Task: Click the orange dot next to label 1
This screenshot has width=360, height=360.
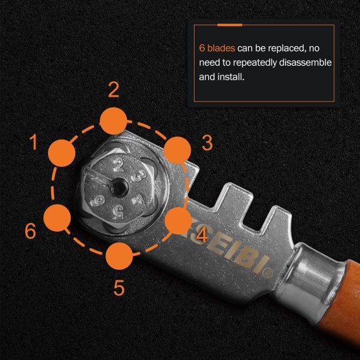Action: point(63,152)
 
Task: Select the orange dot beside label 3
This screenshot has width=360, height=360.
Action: point(177,150)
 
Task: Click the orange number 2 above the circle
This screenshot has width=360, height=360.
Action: point(114,90)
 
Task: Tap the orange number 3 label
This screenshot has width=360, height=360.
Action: point(207,143)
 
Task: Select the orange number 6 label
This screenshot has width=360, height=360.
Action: point(30,231)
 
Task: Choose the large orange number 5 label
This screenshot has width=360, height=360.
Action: point(119,287)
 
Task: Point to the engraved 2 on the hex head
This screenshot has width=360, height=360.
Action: point(117,166)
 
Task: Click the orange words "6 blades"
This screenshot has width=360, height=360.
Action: point(217,48)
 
